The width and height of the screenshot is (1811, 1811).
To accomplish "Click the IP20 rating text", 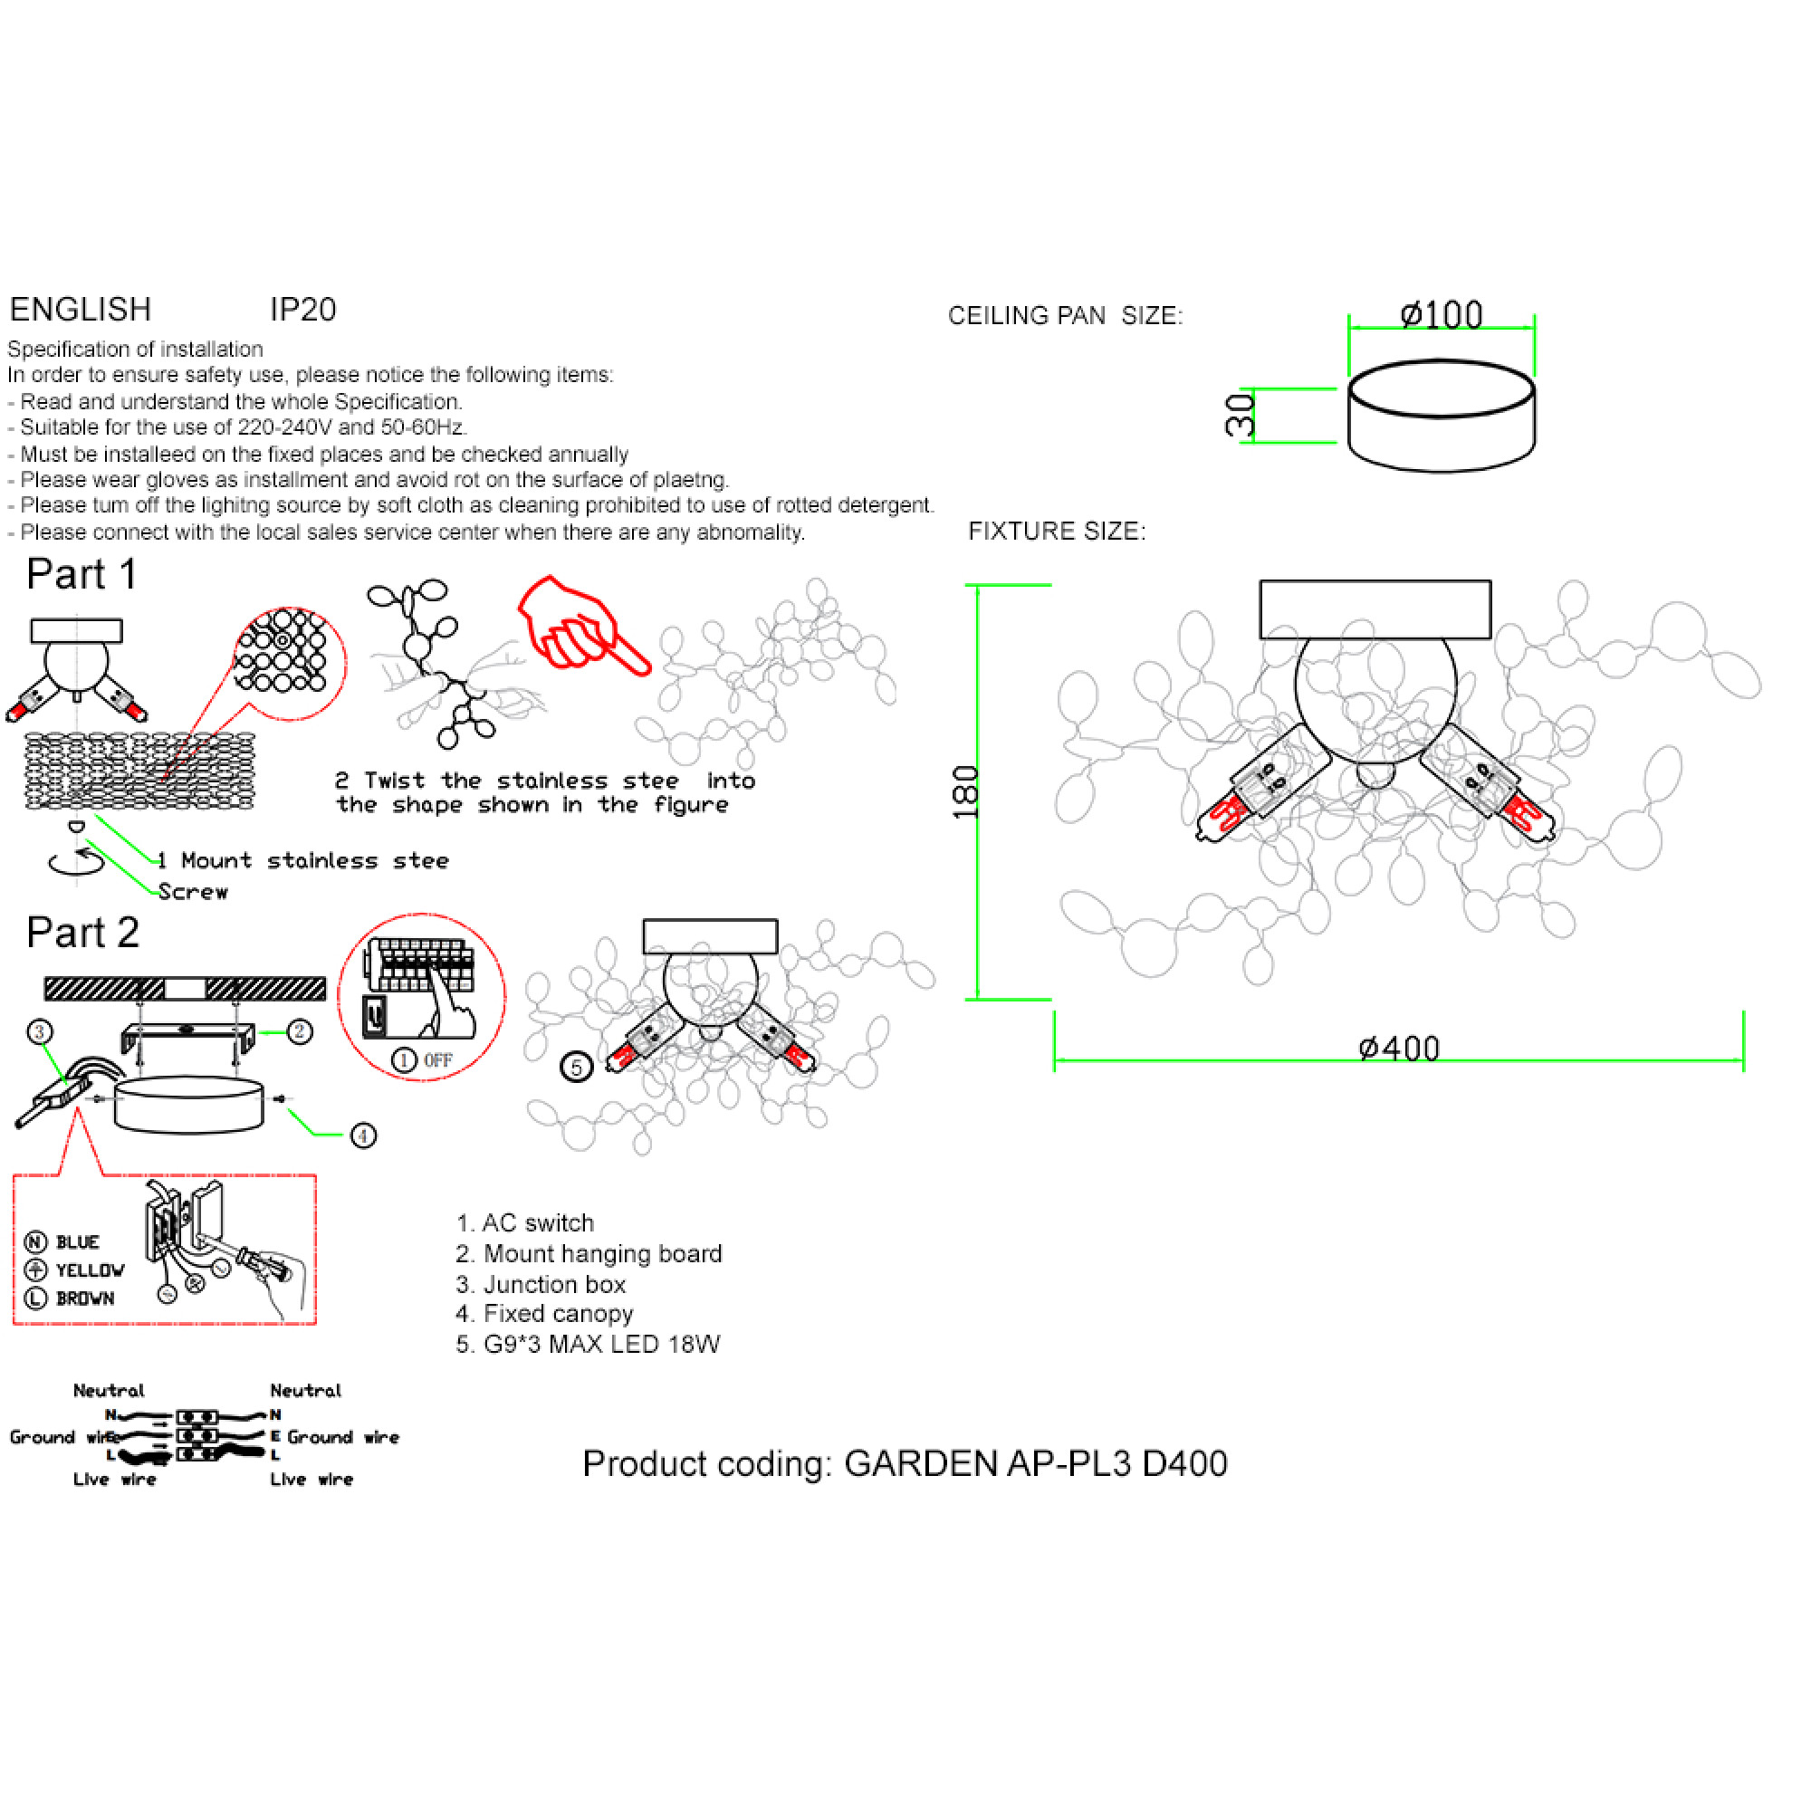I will click(302, 310).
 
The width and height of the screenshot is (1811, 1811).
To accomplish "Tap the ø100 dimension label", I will click(1441, 315).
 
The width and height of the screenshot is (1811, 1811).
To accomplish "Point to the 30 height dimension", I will click(1241, 415).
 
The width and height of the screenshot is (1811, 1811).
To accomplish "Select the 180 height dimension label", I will click(965, 792).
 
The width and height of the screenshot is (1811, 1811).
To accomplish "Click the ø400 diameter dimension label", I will click(1399, 1048).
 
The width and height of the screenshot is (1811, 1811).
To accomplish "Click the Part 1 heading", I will click(82, 574).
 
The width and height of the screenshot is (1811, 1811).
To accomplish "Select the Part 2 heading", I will click(82, 933).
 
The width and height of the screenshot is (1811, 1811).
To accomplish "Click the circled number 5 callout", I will click(577, 1067).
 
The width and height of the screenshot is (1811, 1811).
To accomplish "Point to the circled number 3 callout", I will click(39, 1032).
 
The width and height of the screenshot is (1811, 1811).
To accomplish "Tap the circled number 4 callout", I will click(364, 1136).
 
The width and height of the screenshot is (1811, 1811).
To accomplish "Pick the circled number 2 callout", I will click(300, 1032).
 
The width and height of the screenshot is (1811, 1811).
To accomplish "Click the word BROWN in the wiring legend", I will click(85, 1298).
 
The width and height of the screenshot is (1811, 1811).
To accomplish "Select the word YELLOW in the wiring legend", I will click(90, 1270).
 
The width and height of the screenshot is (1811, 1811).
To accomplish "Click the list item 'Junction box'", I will click(554, 1284).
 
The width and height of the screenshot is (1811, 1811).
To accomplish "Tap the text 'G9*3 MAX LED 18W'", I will click(601, 1344).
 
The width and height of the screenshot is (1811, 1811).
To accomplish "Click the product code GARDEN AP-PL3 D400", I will click(1035, 1463).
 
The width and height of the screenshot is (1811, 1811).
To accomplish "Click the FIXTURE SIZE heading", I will click(1057, 532).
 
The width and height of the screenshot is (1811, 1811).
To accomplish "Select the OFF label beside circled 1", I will click(437, 1060).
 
